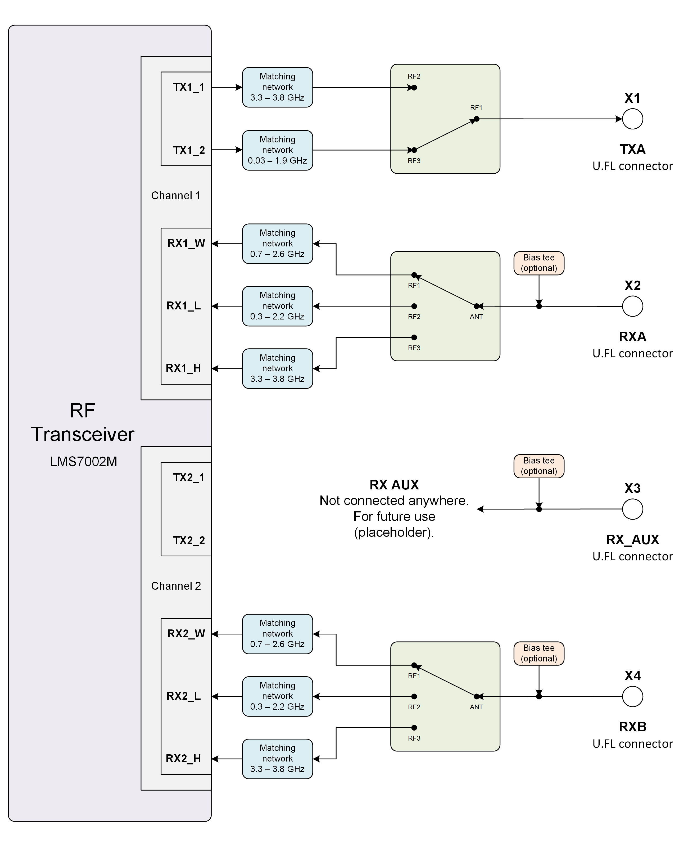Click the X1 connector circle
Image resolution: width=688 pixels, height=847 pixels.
[x=632, y=119]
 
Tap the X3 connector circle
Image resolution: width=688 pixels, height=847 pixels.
[x=632, y=509]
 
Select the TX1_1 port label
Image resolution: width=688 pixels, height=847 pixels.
[x=189, y=87]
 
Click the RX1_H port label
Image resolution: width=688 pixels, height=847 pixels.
[x=183, y=368]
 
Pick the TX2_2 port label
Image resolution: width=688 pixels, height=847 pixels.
[x=189, y=540]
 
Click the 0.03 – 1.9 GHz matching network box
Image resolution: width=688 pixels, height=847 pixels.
[x=277, y=150]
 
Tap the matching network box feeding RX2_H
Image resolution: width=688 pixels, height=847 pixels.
[x=277, y=759]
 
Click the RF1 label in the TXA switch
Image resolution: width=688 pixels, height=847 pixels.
[x=476, y=108]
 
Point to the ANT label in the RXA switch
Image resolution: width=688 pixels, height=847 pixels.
[x=476, y=317]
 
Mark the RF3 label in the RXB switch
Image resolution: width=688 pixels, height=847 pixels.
[x=414, y=738]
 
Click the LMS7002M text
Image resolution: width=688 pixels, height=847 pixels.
[x=83, y=462]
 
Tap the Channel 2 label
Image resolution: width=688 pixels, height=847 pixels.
[x=176, y=586]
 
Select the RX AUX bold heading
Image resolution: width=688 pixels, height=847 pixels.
[x=394, y=485]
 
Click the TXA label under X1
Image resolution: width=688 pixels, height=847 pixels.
[x=632, y=150]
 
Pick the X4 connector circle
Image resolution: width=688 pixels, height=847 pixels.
[x=632, y=696]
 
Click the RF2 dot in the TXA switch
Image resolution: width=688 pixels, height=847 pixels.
[x=414, y=88]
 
